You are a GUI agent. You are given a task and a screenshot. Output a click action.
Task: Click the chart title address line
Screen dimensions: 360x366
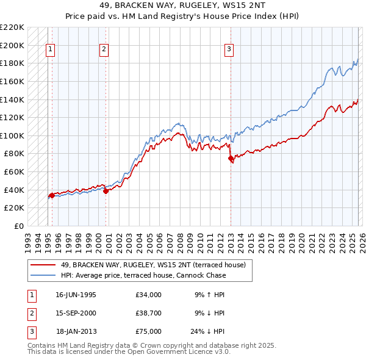pyautogui.click(x=183, y=5)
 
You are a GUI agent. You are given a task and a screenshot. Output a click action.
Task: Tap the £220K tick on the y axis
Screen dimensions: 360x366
pyautogui.click(x=13, y=27)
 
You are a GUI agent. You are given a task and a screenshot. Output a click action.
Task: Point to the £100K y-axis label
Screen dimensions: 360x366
pyautogui.click(x=13, y=135)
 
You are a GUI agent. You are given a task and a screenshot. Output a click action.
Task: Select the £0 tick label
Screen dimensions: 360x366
pyautogui.click(x=18, y=226)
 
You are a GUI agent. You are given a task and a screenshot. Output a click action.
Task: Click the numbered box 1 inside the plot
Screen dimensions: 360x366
pyautogui.click(x=49, y=50)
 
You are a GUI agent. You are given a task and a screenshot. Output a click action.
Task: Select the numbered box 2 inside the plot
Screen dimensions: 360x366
pyautogui.click(x=104, y=50)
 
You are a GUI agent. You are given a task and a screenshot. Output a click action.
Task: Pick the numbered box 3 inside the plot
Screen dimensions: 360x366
pyautogui.click(x=229, y=50)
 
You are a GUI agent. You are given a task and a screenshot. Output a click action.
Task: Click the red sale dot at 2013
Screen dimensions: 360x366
pyautogui.click(x=231, y=158)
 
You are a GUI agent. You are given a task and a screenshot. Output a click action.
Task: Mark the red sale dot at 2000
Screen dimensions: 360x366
pyautogui.click(x=106, y=191)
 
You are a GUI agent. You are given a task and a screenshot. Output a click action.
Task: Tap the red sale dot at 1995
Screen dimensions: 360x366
pyautogui.click(x=52, y=195)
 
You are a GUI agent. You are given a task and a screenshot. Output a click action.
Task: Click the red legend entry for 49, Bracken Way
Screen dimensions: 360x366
pyautogui.click(x=152, y=265)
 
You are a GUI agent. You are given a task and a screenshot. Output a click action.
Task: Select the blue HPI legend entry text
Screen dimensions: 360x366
pyautogui.click(x=143, y=275)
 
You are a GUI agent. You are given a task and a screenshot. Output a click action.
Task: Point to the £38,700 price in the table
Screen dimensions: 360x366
pyautogui.click(x=149, y=313)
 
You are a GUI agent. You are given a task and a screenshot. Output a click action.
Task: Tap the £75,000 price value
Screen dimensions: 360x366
pyautogui.click(x=149, y=331)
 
